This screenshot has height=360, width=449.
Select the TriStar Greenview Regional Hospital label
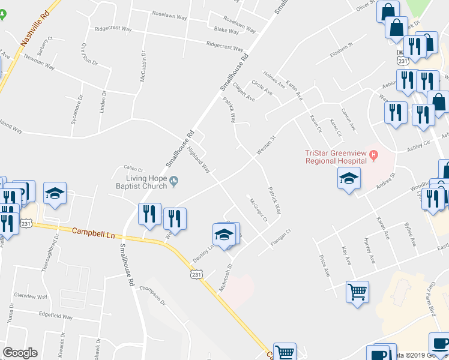336,157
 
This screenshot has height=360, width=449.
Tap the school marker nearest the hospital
348,178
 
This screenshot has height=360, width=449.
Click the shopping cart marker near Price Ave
357,292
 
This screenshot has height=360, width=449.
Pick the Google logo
20,353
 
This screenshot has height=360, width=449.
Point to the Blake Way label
226,29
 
